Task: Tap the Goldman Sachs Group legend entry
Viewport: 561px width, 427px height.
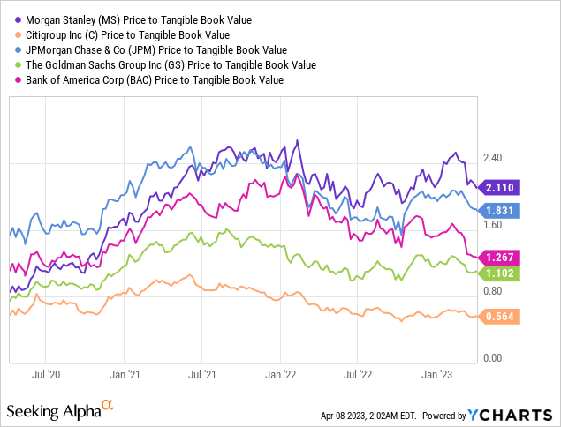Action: (168, 64)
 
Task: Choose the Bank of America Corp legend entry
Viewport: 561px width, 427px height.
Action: (151, 79)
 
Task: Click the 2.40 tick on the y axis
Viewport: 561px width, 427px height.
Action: (492, 158)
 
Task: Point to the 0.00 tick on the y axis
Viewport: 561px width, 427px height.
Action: (492, 358)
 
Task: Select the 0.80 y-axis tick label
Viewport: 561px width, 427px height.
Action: (492, 291)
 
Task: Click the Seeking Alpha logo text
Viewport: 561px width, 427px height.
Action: (60, 411)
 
